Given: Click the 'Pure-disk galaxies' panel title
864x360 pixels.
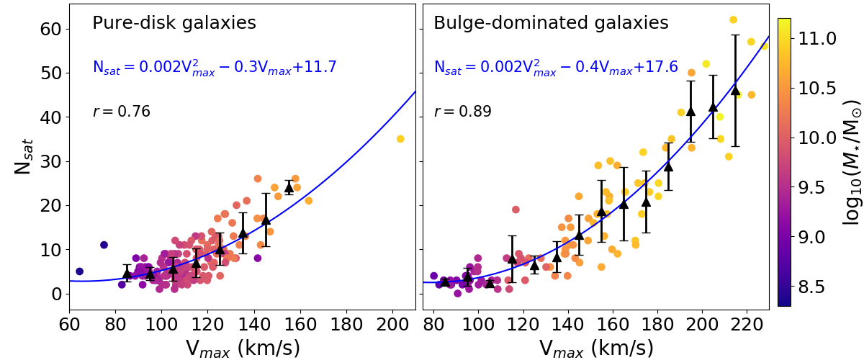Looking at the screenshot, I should point(174,23).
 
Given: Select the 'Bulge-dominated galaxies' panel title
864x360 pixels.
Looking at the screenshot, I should point(551,23).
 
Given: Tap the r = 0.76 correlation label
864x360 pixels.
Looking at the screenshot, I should point(121,112).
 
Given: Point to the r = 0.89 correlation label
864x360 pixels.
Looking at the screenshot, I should point(462,112).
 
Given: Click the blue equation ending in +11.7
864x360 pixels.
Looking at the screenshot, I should point(215,68).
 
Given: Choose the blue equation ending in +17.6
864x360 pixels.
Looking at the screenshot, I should point(556,68).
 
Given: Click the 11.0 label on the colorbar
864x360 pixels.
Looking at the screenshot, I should point(821,38).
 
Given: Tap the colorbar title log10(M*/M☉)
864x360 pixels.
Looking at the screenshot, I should point(852,162).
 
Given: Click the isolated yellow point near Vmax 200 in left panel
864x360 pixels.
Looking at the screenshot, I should point(400,139).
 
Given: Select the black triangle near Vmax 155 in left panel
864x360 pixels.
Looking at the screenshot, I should point(289,187).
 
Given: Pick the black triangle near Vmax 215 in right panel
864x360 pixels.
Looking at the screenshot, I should point(735,90).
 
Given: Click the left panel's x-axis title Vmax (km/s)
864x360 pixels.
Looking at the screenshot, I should point(243,348).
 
